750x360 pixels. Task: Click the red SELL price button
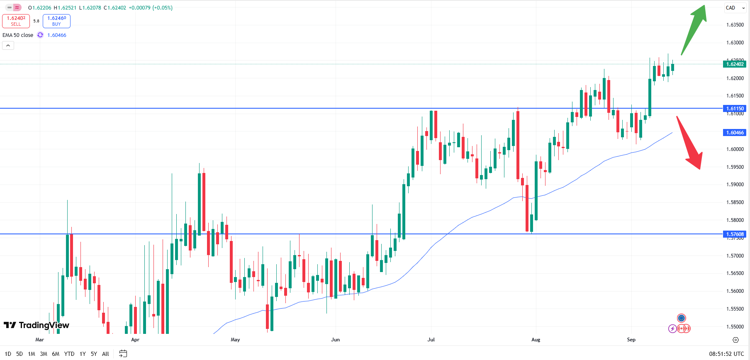pos(16,21)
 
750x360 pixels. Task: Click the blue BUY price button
pos(56,21)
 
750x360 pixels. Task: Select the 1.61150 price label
pos(735,109)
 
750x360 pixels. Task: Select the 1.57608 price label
pos(735,234)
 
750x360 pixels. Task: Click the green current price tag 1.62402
pos(735,64)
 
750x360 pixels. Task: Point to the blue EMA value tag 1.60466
pos(735,133)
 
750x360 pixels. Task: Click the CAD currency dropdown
pos(735,8)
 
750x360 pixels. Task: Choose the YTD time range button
pos(69,354)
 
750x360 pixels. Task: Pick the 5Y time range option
pos(94,354)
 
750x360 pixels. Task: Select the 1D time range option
pos(8,354)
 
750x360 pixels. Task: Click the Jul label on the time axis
pos(431,340)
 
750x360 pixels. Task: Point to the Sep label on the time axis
pos(631,340)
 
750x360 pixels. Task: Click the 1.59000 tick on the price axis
pos(735,185)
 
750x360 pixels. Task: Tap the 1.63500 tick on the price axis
pos(735,25)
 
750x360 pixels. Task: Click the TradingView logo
pos(37,325)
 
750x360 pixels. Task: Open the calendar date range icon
pos(123,354)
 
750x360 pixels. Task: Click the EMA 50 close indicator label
pos(18,35)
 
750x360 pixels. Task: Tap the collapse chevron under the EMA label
pos(8,46)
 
